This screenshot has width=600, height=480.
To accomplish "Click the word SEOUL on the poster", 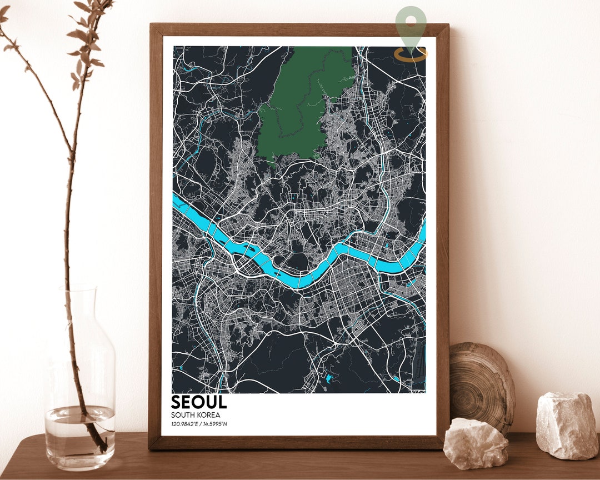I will pyautogui.click(x=199, y=402).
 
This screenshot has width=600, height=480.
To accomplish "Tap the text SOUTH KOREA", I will pyautogui.click(x=196, y=415).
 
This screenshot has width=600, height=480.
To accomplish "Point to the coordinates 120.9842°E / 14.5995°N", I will pyautogui.click(x=199, y=424).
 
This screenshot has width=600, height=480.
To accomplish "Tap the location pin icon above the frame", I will pyautogui.click(x=411, y=28).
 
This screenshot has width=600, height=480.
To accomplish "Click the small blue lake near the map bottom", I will pyautogui.click(x=329, y=379).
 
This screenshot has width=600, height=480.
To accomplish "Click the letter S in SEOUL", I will pyautogui.click(x=177, y=402).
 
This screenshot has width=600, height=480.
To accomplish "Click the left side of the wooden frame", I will pyautogui.click(x=155, y=233).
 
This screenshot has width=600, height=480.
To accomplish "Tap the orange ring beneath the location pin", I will pyautogui.click(x=411, y=54).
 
